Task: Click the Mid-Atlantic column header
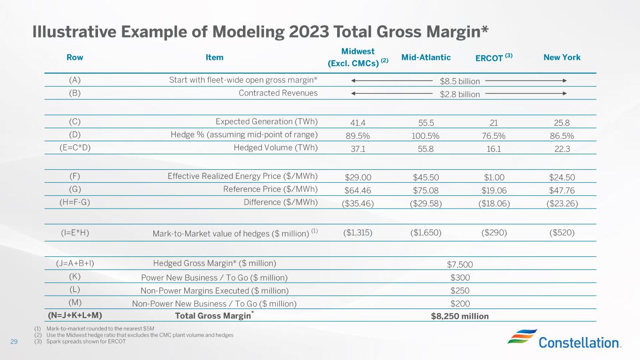pos(426,58)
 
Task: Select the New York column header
pos(562,58)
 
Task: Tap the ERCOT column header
pos(494,58)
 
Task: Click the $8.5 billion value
pos(459,82)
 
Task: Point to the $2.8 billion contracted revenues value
pos(459,94)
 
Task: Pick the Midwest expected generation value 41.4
pos(358,123)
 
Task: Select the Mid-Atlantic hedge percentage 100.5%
pos(425,136)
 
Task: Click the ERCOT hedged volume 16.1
pos(494,149)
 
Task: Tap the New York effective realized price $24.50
pos(562,178)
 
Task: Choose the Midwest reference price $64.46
pos(358,190)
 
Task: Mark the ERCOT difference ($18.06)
pos(494,203)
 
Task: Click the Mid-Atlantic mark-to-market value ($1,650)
pos(426,232)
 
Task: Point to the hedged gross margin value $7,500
pos(459,264)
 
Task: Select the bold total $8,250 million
pos(459,316)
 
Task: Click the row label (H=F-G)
pos(75,202)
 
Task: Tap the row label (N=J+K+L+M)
pos(75,315)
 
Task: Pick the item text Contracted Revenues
pos(278,93)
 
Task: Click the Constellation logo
pos(565,339)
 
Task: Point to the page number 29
pos(14,341)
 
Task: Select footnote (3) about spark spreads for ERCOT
pos(80,341)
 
